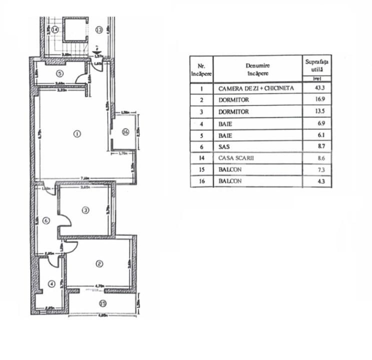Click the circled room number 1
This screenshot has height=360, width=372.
coord(77,133)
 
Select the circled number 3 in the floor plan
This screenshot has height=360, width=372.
coord(86,210)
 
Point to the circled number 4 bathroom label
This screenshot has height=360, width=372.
coord(51,284)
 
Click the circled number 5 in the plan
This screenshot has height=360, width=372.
coord(45,71)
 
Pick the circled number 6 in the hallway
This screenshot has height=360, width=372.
coord(46,220)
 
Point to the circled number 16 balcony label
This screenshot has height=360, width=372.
coord(125,132)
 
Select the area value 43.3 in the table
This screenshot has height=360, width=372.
coord(315,88)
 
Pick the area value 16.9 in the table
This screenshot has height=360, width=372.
coord(315,100)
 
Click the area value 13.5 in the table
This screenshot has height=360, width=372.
coord(315,111)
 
